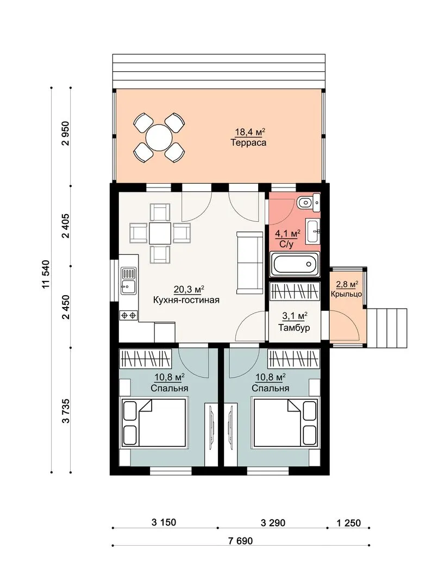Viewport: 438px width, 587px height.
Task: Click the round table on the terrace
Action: [159, 138]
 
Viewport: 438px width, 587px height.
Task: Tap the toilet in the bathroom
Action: [309, 203]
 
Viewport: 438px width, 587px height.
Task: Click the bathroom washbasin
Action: [313, 232]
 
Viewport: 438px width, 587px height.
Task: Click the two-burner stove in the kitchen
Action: [128, 316]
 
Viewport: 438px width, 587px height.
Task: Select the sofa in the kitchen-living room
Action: [249, 263]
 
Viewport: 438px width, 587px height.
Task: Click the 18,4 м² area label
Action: [249, 132]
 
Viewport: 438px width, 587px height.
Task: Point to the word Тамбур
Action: [294, 328]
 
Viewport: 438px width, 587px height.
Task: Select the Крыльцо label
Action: [346, 294]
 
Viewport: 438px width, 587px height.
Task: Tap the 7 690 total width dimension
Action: [240, 541]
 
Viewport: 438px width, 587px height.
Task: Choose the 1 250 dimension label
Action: [348, 523]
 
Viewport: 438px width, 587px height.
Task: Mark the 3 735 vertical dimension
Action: [66, 411]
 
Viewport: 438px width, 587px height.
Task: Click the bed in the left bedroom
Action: [154, 423]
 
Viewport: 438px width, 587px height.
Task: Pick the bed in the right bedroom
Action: [286, 423]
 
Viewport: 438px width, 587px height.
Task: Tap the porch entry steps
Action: [387, 328]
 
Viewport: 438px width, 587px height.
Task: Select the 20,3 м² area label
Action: [189, 289]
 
